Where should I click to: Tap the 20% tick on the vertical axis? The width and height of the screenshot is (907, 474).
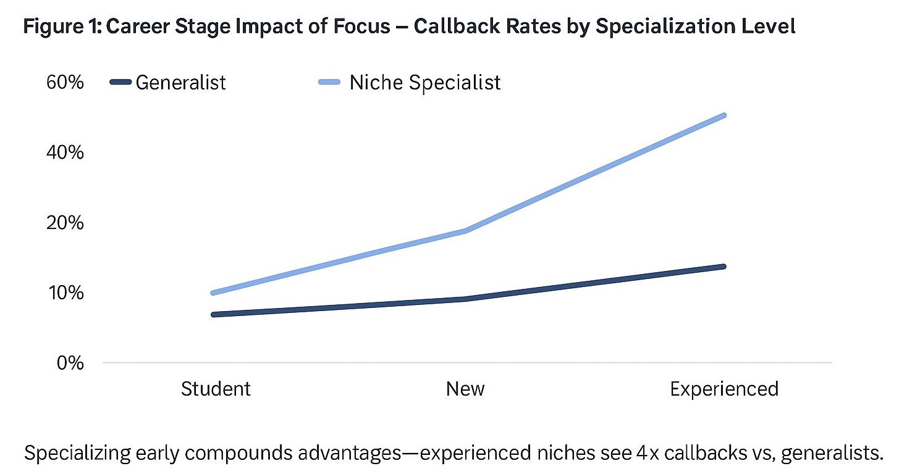[65, 222]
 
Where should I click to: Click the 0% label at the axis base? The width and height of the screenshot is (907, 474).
[70, 362]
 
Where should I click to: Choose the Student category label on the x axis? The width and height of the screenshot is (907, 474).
[216, 389]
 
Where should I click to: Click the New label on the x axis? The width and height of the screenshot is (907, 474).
[465, 389]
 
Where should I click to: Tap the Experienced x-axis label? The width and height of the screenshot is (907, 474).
[724, 389]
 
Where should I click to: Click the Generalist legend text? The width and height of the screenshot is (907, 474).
[180, 82]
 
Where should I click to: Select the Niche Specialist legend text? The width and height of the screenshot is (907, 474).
[424, 82]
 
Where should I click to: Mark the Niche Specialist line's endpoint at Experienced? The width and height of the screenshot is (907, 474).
[723, 115]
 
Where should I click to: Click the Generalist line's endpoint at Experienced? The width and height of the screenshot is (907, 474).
[723, 267]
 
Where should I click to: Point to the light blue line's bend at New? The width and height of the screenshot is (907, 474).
[465, 231]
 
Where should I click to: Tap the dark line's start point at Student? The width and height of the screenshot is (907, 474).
[214, 315]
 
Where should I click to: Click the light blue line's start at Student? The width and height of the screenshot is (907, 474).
[214, 293]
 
